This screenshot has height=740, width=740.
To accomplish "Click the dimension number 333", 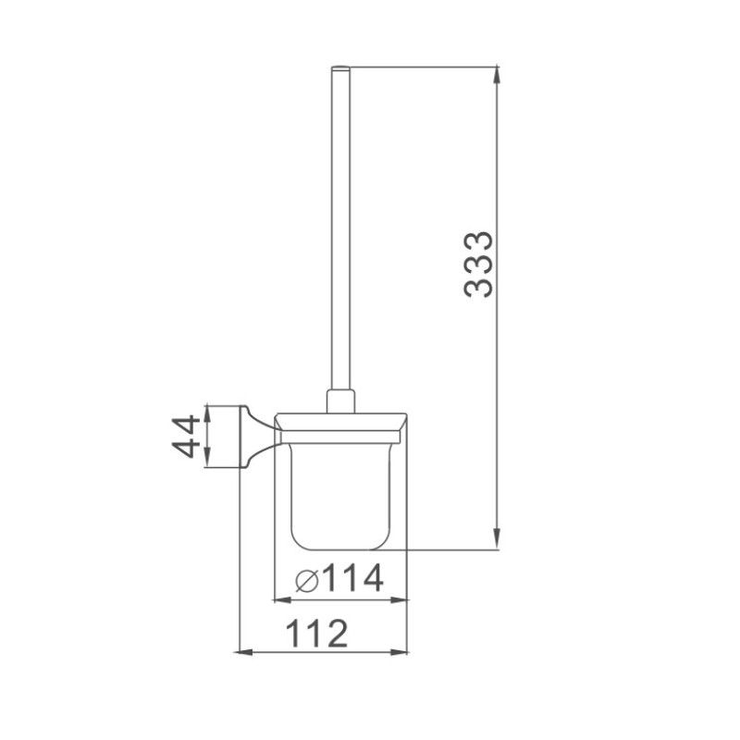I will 479,265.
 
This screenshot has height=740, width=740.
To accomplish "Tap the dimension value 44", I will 187,437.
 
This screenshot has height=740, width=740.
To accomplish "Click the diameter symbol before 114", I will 306,581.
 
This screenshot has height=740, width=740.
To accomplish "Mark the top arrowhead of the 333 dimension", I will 499,73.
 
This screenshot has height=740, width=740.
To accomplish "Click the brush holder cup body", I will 343,490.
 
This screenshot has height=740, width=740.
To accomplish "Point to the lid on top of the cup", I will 343,421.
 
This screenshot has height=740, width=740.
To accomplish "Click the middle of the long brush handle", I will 340,231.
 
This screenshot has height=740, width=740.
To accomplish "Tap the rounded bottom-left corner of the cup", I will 295,541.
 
